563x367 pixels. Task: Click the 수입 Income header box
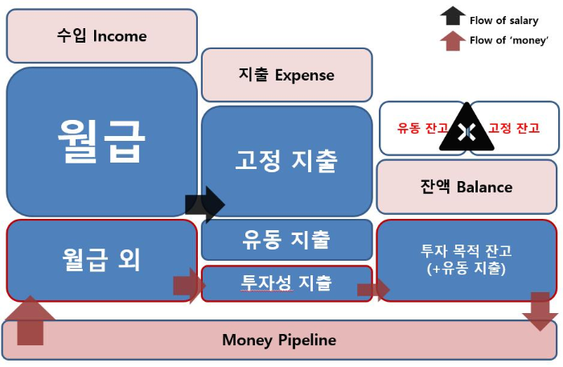pyautogui.click(x=101, y=36)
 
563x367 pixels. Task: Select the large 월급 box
pyautogui.click(x=101, y=142)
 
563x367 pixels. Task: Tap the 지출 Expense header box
pyautogui.click(x=286, y=76)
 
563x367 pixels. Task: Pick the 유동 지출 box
pyautogui.click(x=286, y=239)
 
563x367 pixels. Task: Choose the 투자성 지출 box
pyautogui.click(x=286, y=283)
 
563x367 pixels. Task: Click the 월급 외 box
pyautogui.click(x=101, y=259)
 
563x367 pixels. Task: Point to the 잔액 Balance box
pyautogui.click(x=466, y=187)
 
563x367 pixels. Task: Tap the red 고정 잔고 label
pyautogui.click(x=515, y=128)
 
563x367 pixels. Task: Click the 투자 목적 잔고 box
pyautogui.click(x=466, y=259)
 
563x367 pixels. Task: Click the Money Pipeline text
pyautogui.click(x=279, y=340)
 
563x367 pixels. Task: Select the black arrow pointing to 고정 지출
pyautogui.click(x=205, y=204)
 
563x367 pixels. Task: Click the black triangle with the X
pyautogui.click(x=465, y=129)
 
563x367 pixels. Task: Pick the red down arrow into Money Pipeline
pyautogui.click(x=540, y=311)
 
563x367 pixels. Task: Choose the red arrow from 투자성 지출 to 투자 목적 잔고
pyautogui.click(x=373, y=290)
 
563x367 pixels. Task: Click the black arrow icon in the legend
pyautogui.click(x=453, y=16)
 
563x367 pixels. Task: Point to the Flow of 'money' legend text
pyautogui.click(x=509, y=40)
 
